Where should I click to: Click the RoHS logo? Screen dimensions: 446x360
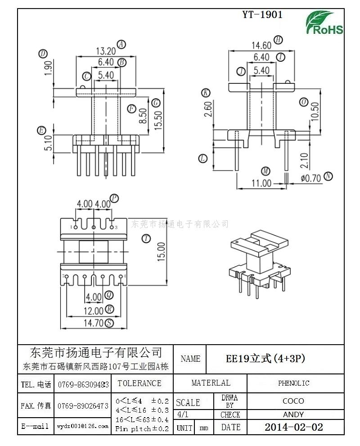325,23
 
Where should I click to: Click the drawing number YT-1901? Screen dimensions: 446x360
262,14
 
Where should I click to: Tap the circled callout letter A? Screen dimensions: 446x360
121,44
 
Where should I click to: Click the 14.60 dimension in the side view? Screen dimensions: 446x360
261,45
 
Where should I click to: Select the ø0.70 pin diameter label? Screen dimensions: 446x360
311,178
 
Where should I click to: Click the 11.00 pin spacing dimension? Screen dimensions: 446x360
261,183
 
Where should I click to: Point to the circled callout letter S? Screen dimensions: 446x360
109,323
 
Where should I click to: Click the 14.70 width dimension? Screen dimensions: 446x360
93,323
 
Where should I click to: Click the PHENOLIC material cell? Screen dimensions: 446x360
293,383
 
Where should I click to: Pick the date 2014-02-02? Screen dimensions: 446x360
293,427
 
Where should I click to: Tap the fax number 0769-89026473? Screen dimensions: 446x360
83,406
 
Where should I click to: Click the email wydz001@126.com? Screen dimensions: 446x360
83,426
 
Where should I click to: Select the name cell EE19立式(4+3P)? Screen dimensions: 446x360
265,359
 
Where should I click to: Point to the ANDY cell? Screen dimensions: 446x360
293,414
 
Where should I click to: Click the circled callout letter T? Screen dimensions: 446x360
145,239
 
